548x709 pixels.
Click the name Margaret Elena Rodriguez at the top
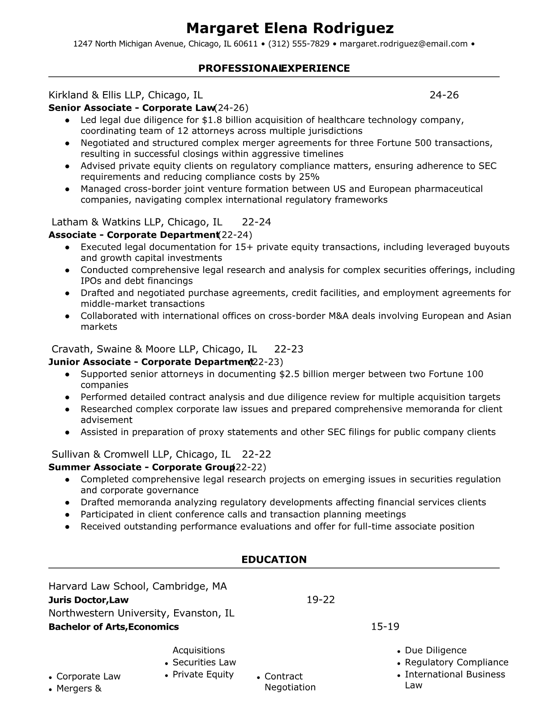tap(290, 28)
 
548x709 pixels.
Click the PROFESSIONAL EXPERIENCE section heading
tap(274, 68)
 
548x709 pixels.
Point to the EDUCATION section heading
tap(274, 560)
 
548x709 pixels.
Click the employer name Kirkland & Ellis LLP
tap(95, 95)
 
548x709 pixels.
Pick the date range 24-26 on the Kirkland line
tap(444, 95)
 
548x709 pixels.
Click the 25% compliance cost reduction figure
tap(309, 176)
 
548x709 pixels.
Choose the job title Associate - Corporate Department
tap(133, 235)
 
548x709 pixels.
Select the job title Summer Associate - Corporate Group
tap(141, 467)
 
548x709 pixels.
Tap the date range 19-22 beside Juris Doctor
tap(321, 600)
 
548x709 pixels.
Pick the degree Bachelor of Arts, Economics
tap(114, 627)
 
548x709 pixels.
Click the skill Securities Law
tap(204, 662)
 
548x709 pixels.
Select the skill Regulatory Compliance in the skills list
tap(457, 662)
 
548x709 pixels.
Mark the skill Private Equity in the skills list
tap(203, 675)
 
